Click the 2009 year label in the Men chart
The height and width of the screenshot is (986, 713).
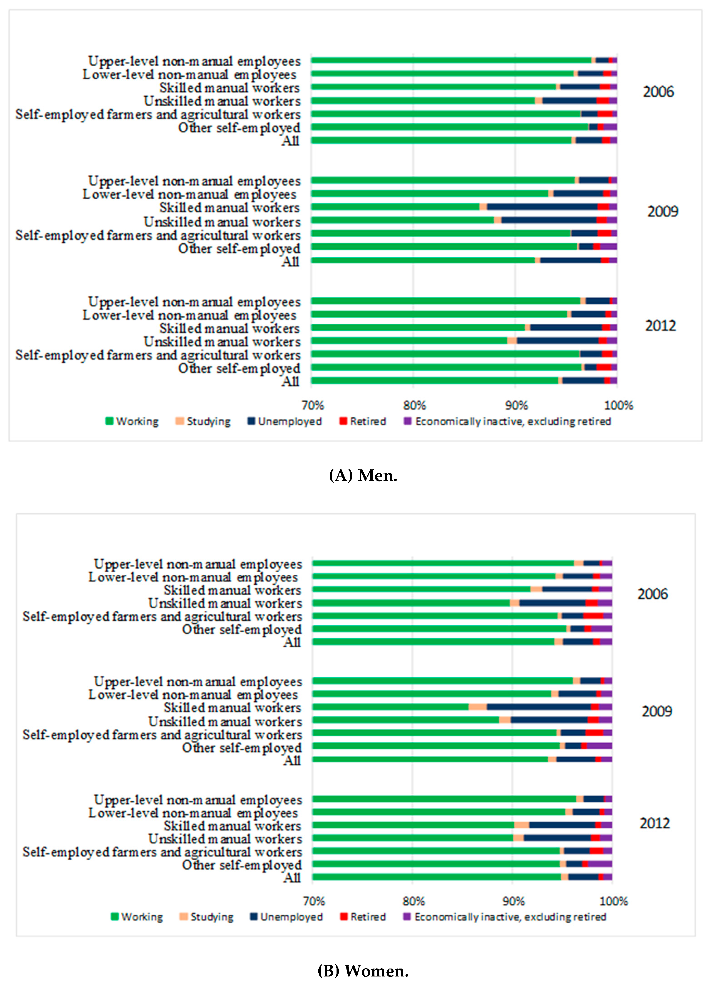coord(662,212)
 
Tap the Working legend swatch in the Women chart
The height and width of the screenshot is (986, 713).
coord(115,916)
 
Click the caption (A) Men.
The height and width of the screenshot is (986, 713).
coord(363,476)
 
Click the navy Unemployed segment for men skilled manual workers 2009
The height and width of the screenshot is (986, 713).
coord(542,207)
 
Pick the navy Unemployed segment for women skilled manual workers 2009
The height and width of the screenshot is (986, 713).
coord(538,707)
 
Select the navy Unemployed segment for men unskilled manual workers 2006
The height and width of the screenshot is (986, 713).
coord(569,100)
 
